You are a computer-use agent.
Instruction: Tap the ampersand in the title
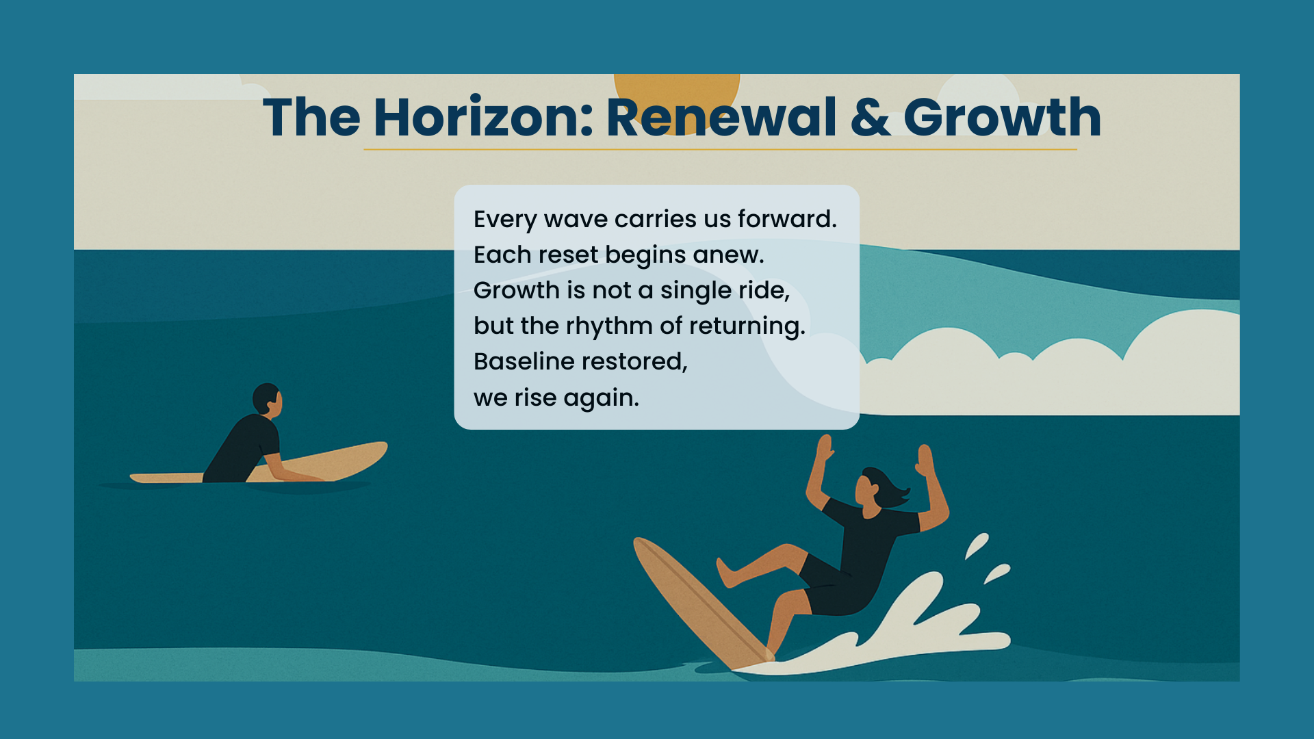coord(870,117)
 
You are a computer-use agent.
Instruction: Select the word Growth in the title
coord(1003,117)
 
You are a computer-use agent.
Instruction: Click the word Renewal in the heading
coord(721,117)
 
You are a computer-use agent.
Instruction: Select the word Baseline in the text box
coord(524,361)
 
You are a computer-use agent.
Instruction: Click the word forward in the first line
coord(786,219)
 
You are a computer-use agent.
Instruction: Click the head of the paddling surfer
coord(267,400)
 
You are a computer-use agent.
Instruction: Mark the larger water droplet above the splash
coord(977,545)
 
